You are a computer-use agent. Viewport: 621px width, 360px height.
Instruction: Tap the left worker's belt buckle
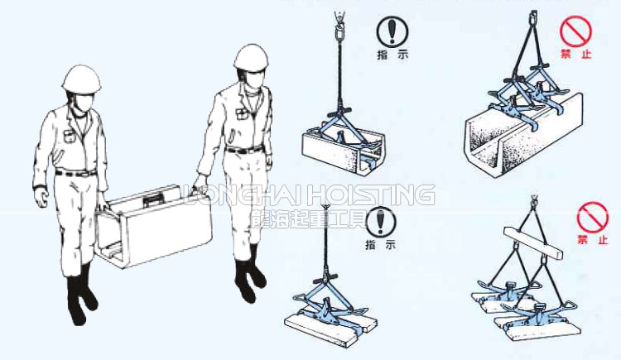(77, 172)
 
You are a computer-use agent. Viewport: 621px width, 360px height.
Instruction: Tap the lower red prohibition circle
(591, 219)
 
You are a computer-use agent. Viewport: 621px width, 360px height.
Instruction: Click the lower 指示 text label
(380, 245)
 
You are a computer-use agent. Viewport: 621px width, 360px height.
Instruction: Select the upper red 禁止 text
(575, 54)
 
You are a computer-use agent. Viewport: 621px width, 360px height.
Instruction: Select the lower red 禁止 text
(591, 242)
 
